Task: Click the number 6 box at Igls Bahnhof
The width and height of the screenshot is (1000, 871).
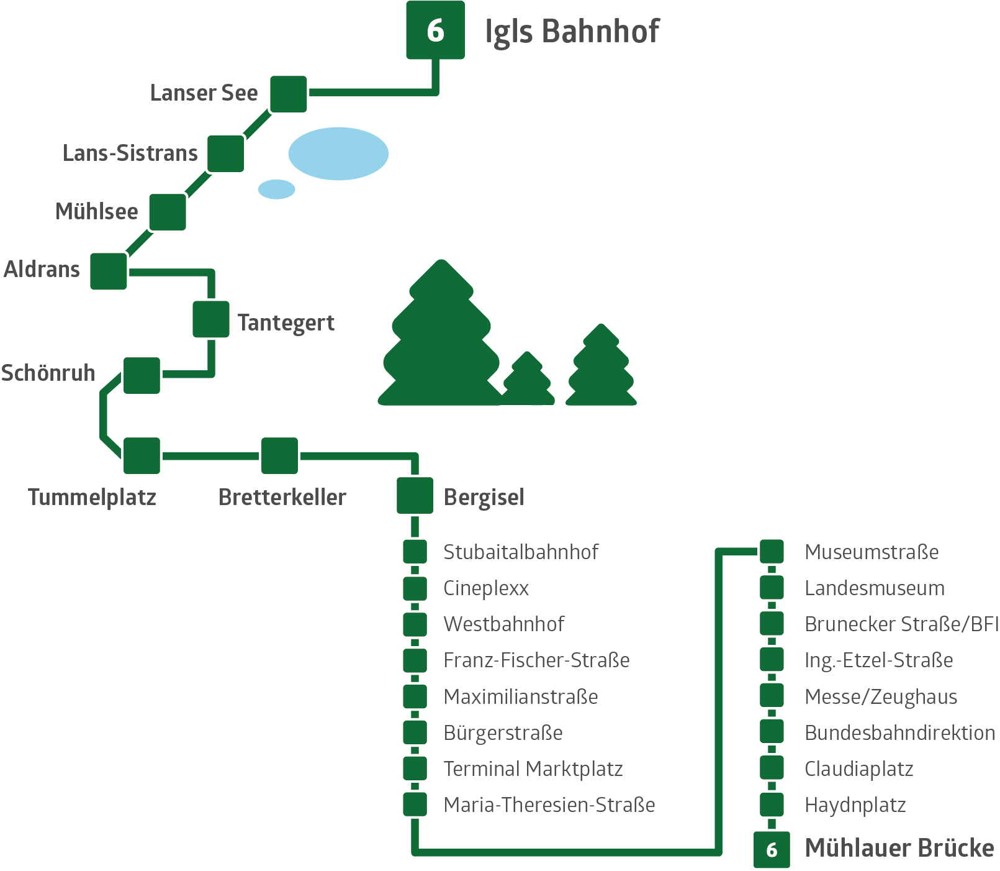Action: coord(435,30)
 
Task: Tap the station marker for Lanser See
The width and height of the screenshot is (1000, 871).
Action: coord(289,94)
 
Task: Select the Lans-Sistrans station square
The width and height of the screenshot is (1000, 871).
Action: coord(225,153)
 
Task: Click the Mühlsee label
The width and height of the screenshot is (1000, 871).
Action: coord(97,212)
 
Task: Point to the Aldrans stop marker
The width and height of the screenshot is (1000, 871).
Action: coord(109,271)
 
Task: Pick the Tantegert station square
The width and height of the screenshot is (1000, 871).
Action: coord(211,319)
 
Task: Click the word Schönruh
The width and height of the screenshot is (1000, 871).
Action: coord(48,373)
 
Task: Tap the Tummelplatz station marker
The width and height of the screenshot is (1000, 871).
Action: coord(142,455)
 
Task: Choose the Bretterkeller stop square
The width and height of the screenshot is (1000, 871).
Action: coord(279,455)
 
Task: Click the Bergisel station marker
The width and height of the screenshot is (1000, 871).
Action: coord(415,495)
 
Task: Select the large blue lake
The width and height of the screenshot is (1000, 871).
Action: coord(338,153)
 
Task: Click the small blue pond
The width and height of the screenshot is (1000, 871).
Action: coord(276,189)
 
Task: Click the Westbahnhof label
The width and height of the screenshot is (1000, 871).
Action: coord(503,624)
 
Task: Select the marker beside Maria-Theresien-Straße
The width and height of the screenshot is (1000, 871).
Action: coord(415,805)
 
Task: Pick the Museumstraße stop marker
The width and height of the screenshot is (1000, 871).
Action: coord(772,551)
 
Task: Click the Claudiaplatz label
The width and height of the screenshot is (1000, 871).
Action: coord(858,769)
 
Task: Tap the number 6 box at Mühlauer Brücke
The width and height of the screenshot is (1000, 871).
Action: coord(772,849)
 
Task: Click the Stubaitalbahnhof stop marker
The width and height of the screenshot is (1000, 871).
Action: coord(415,551)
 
